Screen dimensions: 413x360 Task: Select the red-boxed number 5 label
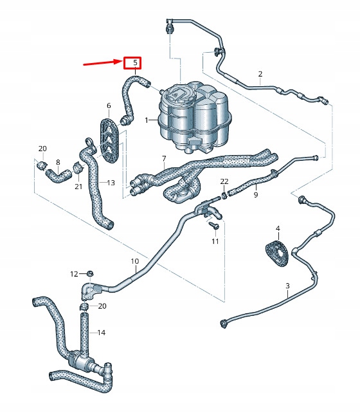134,63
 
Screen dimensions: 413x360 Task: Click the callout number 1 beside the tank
147,120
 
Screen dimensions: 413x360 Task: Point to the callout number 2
260,74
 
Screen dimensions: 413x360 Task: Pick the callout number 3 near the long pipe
287,285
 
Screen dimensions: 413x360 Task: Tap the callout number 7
164,158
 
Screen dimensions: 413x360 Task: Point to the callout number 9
255,195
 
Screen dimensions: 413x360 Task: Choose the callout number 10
135,261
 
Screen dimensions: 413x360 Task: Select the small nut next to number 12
90,274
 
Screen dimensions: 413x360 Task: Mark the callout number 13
111,183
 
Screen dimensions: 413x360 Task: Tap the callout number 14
101,333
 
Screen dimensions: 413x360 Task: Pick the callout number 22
224,181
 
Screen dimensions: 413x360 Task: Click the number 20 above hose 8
42,149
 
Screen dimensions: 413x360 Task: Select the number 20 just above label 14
102,306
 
